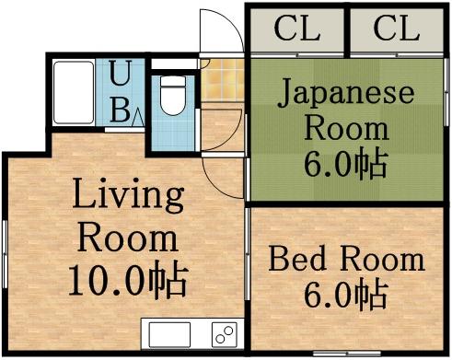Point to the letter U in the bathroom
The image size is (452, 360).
[x=121, y=72]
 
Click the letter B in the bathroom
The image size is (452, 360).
[x=120, y=110]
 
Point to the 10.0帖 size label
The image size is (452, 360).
[x=128, y=279]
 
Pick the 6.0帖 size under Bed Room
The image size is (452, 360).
[x=345, y=296]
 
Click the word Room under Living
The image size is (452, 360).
[x=128, y=238]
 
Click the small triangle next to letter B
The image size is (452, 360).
[x=136, y=116]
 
